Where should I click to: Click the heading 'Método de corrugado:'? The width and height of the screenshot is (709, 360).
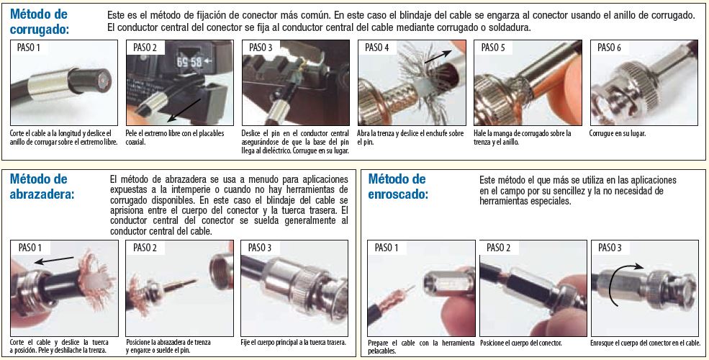click(x=40, y=22)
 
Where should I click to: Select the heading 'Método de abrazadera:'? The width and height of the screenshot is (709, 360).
click(x=42, y=186)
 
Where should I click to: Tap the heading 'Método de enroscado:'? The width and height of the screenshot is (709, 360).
click(x=398, y=186)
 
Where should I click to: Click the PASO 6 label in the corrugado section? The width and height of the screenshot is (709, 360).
click(x=610, y=48)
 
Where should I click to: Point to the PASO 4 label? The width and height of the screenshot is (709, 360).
click(x=376, y=48)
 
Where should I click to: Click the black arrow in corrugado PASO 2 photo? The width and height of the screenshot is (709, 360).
click(x=184, y=110)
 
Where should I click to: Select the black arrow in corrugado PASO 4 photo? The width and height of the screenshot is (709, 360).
click(x=437, y=56)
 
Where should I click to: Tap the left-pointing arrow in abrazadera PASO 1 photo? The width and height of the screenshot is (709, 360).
click(x=54, y=260)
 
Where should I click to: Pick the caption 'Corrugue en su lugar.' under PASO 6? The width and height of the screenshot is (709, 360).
click(x=617, y=133)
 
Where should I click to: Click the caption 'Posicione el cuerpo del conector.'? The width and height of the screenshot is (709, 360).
click(x=521, y=343)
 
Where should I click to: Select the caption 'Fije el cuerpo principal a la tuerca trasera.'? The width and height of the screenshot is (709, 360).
click(x=294, y=343)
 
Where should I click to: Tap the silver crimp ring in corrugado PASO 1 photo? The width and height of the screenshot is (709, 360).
click(x=48, y=84)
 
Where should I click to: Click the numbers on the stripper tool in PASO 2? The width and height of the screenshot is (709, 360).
click(x=189, y=61)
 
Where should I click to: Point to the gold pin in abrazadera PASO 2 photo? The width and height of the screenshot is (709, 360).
click(x=179, y=285)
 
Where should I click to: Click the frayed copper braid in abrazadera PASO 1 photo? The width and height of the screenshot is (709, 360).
click(x=96, y=280)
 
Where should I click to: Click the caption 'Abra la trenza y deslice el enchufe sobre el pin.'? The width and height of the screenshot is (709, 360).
click(x=410, y=138)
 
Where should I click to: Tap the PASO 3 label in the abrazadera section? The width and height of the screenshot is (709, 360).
click(x=260, y=248)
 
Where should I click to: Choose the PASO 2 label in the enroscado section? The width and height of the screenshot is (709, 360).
click(x=498, y=248)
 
